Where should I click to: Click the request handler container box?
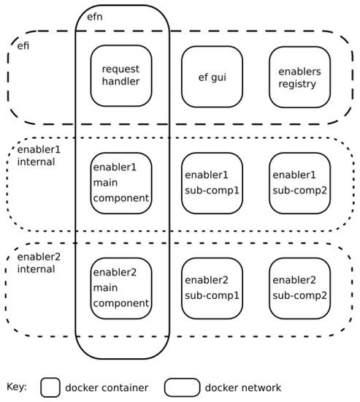tap(121, 76)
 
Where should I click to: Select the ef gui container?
tap(212, 76)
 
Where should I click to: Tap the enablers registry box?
tap(299, 76)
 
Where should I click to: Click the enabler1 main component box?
tap(121, 183)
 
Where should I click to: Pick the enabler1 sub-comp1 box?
tap(212, 183)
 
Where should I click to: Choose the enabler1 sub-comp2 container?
tap(299, 183)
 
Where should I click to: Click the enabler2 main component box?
tap(121, 288)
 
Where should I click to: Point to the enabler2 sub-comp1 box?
tap(212, 288)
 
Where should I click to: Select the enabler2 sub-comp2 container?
tap(299, 288)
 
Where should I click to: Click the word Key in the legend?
tap(16, 387)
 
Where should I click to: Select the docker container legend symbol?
tap(50, 387)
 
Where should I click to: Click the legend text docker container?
tap(106, 387)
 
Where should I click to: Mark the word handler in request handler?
tap(121, 83)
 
